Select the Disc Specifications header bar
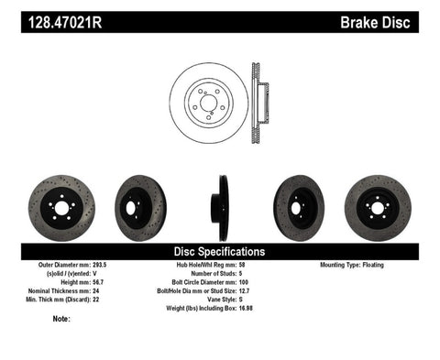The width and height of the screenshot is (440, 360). (x=219, y=251)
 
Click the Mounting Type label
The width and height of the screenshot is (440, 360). (x=351, y=265)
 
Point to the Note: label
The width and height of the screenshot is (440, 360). (x=62, y=320)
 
